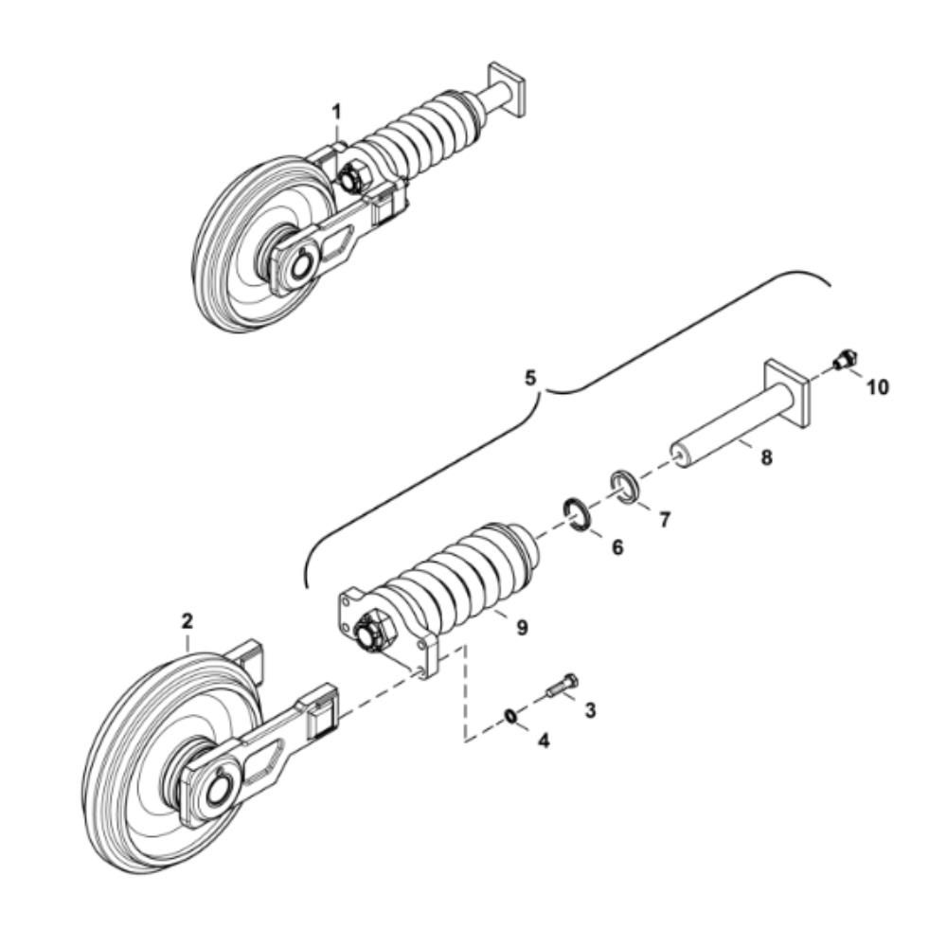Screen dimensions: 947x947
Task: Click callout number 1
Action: [x=337, y=112]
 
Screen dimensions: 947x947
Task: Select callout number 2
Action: [x=188, y=621]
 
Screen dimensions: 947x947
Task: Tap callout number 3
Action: [x=590, y=710]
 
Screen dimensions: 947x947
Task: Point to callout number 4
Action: [x=544, y=741]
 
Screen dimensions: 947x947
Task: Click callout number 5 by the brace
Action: [x=529, y=379]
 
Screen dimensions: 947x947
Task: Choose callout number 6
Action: [x=617, y=547]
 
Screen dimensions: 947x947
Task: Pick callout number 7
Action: [x=665, y=519]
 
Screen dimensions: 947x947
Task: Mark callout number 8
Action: [x=766, y=457]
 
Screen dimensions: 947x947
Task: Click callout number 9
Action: [x=522, y=628]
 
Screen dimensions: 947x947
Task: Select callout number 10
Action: [x=878, y=387]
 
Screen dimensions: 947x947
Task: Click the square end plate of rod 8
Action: [x=788, y=395]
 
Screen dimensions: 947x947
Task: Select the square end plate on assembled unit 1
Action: [x=508, y=89]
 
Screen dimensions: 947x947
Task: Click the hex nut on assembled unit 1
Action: [x=351, y=177]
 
